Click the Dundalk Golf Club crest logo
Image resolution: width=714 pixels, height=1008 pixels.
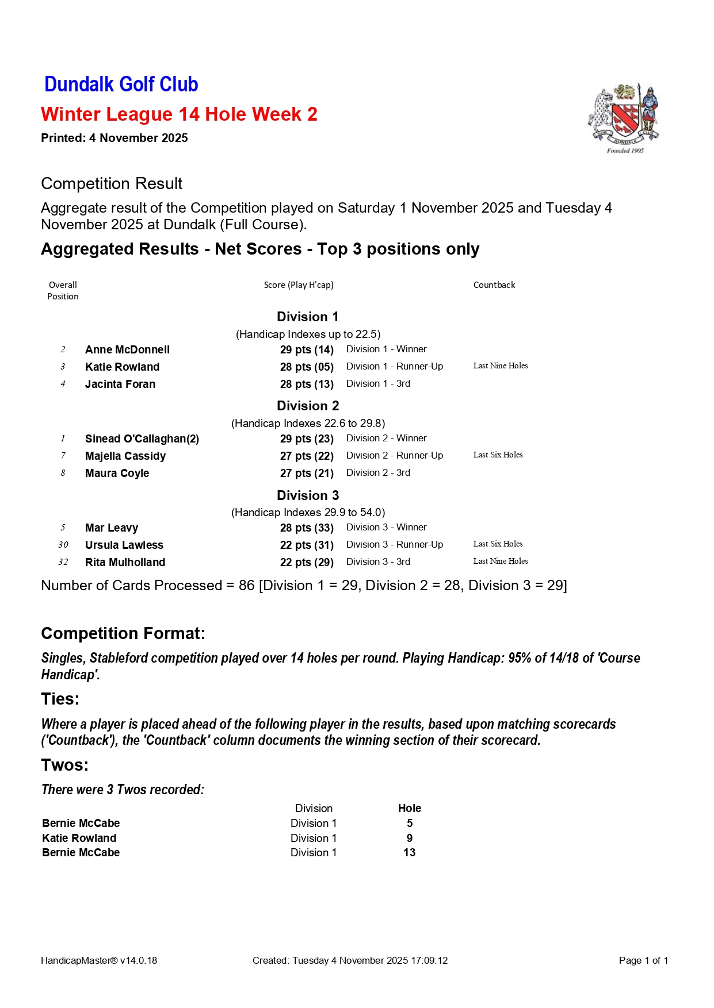pyautogui.click(x=624, y=118)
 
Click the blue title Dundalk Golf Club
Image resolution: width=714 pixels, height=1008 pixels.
pyautogui.click(x=121, y=84)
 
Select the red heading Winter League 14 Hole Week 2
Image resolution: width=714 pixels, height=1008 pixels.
pyautogui.click(x=179, y=114)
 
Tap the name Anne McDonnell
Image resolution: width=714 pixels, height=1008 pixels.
pyautogui.click(x=127, y=349)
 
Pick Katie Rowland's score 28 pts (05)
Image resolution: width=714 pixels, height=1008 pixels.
pyautogui.click(x=307, y=367)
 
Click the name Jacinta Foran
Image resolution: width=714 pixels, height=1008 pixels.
pyautogui.click(x=120, y=384)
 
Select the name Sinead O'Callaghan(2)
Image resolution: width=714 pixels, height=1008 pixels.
pyautogui.click(x=142, y=438)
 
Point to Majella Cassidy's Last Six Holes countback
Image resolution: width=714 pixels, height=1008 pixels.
pyautogui.click(x=498, y=455)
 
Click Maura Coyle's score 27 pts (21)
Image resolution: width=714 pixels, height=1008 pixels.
pyautogui.click(x=307, y=473)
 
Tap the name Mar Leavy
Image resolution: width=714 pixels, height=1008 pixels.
pyautogui.click(x=112, y=528)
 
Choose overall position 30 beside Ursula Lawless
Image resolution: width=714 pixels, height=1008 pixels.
pyautogui.click(x=63, y=545)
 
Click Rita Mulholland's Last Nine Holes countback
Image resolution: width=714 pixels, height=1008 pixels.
pyautogui.click(x=500, y=561)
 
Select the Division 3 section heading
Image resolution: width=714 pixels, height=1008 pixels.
pyautogui.click(x=308, y=495)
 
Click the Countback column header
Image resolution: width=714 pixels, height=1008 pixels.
pyautogui.click(x=494, y=285)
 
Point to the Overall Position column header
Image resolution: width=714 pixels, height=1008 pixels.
pyautogui.click(x=63, y=290)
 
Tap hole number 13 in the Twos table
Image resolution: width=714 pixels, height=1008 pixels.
pyautogui.click(x=409, y=852)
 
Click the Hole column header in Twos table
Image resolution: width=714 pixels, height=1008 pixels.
pyautogui.click(x=409, y=808)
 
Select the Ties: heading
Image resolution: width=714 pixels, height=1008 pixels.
pyautogui.click(x=60, y=699)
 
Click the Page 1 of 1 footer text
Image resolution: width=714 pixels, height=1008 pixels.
pyautogui.click(x=643, y=960)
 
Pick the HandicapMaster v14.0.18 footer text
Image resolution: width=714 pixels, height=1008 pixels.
pyautogui.click(x=99, y=960)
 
